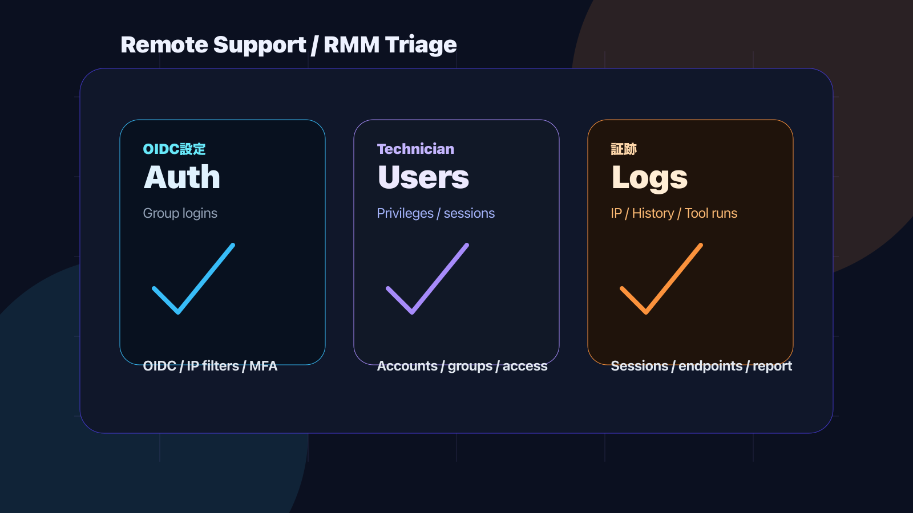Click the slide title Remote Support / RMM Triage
click(289, 45)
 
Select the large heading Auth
click(182, 177)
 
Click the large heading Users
click(423, 177)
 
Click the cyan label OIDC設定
click(174, 149)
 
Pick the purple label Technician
click(415, 149)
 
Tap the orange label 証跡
click(624, 149)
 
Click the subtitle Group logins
click(180, 213)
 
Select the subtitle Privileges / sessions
click(436, 213)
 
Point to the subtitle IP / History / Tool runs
click(674, 213)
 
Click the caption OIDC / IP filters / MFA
click(210, 366)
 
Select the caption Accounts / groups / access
click(462, 366)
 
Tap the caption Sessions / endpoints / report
click(701, 366)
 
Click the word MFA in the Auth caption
click(263, 366)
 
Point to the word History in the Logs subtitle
click(653, 213)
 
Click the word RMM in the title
click(352, 45)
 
